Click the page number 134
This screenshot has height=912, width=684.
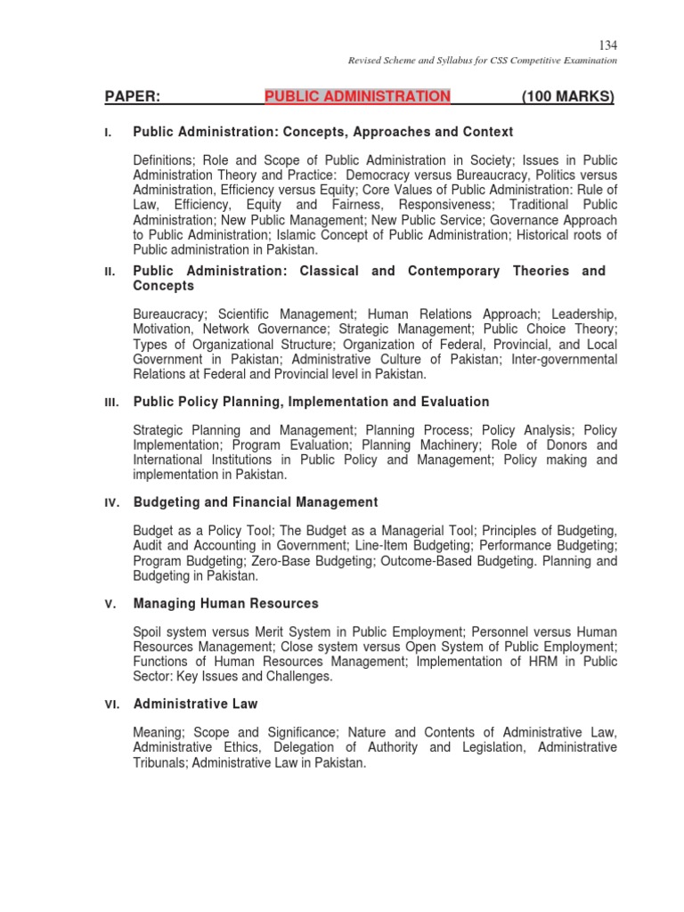coord(608,45)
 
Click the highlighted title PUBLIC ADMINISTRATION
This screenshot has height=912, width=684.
coord(357,96)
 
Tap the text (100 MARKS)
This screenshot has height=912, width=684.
coord(567,96)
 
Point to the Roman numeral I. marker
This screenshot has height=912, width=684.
coord(108,133)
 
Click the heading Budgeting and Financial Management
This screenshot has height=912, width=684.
coord(256,502)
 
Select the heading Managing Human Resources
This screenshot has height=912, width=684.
coord(225,603)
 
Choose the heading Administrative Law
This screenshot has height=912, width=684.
coord(195,704)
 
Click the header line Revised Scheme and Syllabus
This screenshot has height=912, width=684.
coord(482,61)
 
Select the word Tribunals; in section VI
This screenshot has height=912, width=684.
coord(160,763)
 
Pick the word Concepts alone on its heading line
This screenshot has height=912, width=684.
coord(163,286)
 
